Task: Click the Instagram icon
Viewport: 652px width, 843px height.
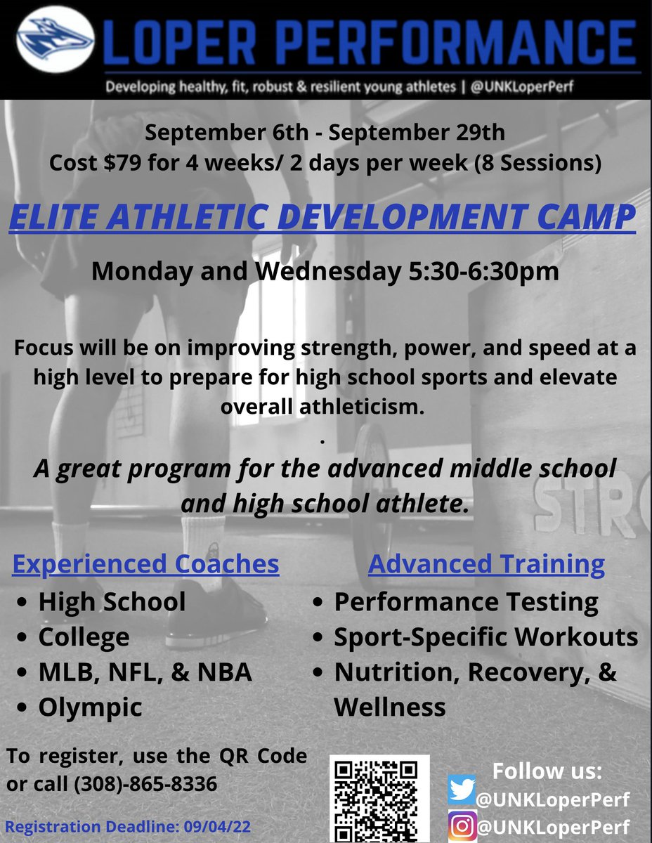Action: click(x=462, y=825)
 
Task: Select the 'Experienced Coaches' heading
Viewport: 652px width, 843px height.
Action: click(x=145, y=563)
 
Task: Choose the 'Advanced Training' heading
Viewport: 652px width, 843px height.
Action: click(x=486, y=563)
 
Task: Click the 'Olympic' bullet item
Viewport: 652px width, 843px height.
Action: click(x=90, y=707)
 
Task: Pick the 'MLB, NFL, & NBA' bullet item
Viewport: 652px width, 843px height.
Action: click(x=145, y=672)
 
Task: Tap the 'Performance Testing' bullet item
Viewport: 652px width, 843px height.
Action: click(x=466, y=602)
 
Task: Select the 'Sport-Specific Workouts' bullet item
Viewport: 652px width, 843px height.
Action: click(x=485, y=637)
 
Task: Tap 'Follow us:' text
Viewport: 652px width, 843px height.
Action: click(x=547, y=770)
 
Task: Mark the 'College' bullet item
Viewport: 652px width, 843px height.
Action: click(x=84, y=637)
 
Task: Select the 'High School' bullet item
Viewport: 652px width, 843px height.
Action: click(x=112, y=602)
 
